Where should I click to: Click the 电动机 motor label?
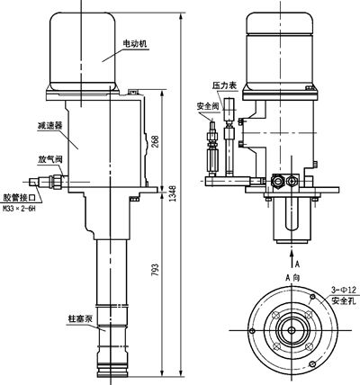click(x=135, y=44)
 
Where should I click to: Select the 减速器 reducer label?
click(x=49, y=125)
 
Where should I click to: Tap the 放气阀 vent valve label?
click(x=49, y=159)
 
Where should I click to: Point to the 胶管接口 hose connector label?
click(x=20, y=198)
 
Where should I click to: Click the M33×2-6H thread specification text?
click(x=20, y=209)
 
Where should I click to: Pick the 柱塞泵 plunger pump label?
click(x=80, y=318)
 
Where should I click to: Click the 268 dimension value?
click(x=155, y=141)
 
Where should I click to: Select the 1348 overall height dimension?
click(x=173, y=193)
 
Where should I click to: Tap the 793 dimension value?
click(x=155, y=271)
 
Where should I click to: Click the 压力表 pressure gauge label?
click(x=225, y=85)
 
